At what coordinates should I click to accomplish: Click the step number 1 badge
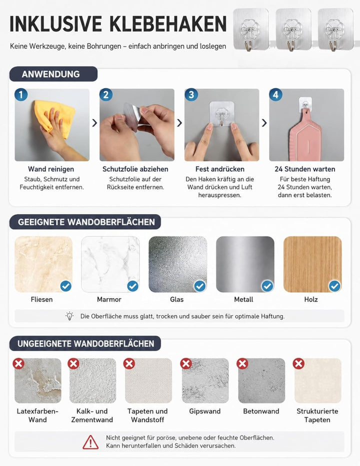[21, 95]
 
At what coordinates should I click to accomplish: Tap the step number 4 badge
[275, 95]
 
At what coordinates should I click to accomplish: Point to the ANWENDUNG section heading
[50, 74]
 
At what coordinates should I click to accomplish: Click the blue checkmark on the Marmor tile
[132, 286]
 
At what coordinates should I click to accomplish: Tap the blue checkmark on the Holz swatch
[334, 286]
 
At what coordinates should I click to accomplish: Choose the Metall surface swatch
[245, 264]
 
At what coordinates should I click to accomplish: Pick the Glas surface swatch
[177, 264]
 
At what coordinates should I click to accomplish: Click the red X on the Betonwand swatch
[242, 364]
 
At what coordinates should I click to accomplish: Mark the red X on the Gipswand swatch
[186, 364]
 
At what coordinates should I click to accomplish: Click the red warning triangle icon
[90, 442]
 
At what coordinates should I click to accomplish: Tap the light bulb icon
[69, 316]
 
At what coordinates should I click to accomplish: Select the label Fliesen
[41, 299]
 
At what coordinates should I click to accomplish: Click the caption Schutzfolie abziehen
[135, 169]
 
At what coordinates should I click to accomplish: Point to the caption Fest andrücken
[220, 169]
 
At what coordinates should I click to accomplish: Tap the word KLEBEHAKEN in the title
[168, 24]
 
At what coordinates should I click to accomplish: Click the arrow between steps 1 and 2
[94, 123]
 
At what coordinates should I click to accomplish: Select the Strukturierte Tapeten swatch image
[318, 381]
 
